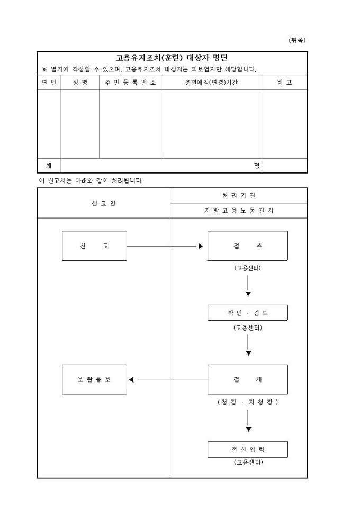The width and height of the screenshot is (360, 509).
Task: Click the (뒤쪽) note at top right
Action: [298, 40]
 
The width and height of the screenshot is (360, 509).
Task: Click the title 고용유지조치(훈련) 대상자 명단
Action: [172, 58]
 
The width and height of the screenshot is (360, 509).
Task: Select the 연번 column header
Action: [49, 83]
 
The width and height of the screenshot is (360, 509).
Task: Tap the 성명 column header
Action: [80, 83]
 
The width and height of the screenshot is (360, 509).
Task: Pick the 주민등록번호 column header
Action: [130, 83]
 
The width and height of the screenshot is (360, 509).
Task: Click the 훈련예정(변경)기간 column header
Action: [211, 83]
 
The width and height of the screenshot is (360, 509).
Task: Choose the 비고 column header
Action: [284, 83]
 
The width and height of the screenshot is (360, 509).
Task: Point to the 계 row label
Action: [49, 166]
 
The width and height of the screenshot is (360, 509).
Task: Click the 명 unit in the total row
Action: [257, 166]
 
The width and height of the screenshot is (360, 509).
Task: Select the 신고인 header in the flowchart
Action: [103, 203]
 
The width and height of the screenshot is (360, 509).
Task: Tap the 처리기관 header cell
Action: [238, 196]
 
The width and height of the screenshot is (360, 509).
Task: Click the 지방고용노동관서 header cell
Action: [238, 211]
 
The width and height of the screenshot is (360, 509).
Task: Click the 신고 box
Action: [94, 246]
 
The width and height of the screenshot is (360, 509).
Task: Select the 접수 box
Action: [247, 246]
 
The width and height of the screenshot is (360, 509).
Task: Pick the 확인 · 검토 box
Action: [247, 313]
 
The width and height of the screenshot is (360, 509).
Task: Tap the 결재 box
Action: [247, 379]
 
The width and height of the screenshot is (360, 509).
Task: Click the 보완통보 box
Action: [94, 379]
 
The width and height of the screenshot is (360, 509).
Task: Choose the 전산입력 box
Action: [247, 449]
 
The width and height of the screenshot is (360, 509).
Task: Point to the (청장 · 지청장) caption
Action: [248, 402]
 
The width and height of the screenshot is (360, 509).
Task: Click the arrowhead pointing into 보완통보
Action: [131, 379]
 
